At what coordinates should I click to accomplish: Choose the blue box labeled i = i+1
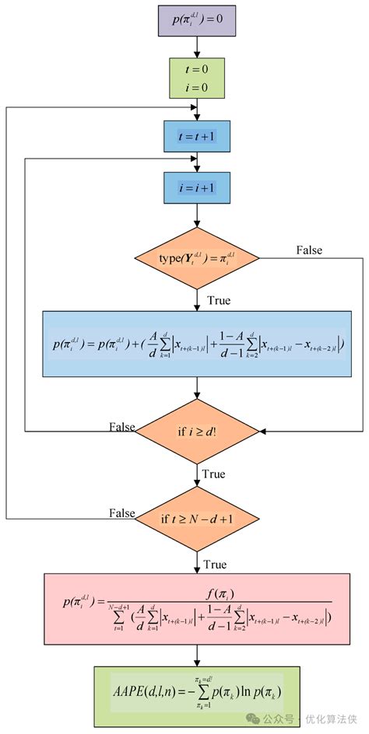[196, 187]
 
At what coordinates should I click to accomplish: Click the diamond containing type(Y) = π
[196, 257]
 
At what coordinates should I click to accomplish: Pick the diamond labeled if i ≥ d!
[196, 428]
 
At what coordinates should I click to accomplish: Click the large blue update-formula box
[196, 344]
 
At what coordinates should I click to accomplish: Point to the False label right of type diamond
[309, 250]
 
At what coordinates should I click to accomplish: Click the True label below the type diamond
[218, 300]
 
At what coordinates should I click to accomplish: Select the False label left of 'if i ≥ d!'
[121, 427]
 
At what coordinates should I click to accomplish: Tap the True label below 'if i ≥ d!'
[214, 474]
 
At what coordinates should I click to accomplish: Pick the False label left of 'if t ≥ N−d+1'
[121, 514]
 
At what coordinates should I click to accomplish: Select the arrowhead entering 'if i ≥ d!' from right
[263, 430]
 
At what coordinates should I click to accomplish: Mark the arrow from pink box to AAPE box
[196, 654]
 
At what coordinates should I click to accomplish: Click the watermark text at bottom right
[311, 719]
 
